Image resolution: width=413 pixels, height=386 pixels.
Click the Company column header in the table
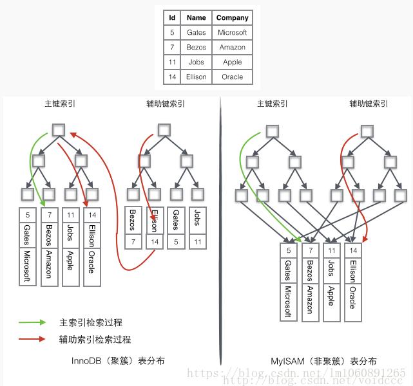click(x=233, y=17)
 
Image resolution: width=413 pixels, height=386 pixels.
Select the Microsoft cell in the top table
click(x=233, y=32)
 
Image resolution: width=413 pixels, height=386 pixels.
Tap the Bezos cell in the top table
click(x=197, y=47)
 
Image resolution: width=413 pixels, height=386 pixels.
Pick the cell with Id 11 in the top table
click(x=172, y=62)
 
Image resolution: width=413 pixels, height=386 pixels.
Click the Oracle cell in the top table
click(x=233, y=77)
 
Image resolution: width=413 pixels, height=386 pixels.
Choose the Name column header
click(x=197, y=17)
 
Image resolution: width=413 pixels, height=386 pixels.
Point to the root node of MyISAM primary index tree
click(x=273, y=131)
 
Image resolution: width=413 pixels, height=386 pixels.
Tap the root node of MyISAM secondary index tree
click(x=367, y=131)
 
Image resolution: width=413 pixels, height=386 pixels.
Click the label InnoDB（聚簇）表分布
click(x=118, y=361)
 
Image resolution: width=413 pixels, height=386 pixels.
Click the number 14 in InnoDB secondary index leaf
click(x=154, y=243)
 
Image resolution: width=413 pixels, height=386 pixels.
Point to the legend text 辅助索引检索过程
click(x=95, y=339)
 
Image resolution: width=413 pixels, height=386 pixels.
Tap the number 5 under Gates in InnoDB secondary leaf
click(x=175, y=243)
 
